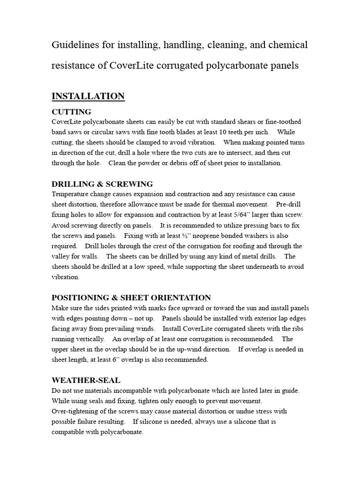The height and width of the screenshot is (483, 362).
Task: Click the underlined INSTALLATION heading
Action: click(88, 96)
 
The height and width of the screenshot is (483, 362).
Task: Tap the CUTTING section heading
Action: click(71, 112)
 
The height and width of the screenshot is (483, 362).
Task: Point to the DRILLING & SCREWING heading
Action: click(102, 184)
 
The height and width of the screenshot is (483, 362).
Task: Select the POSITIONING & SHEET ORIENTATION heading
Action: click(131, 298)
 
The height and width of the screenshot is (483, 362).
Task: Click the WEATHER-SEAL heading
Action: click(86, 380)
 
